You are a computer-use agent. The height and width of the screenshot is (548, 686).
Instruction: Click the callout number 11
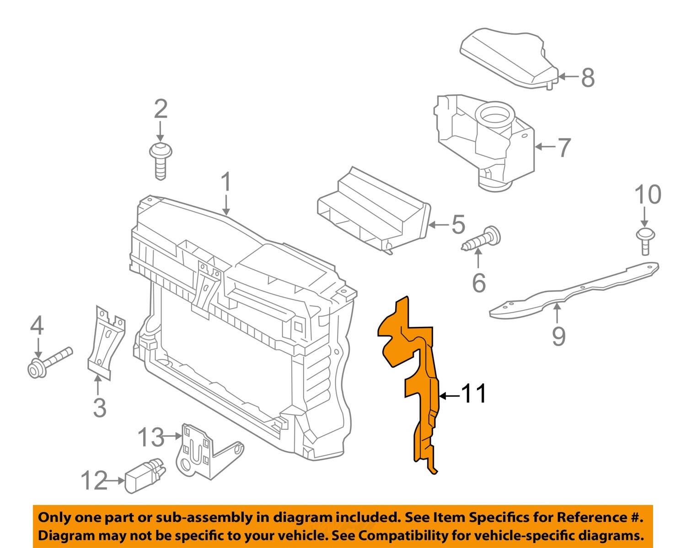pos(474,394)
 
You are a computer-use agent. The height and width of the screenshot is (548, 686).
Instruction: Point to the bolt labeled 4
pos(50,362)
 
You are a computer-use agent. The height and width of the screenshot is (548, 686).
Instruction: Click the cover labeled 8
pos(508,60)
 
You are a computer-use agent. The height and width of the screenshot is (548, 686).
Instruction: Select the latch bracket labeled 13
pos(201,451)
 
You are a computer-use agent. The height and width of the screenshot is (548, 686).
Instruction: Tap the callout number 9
pos(558,336)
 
